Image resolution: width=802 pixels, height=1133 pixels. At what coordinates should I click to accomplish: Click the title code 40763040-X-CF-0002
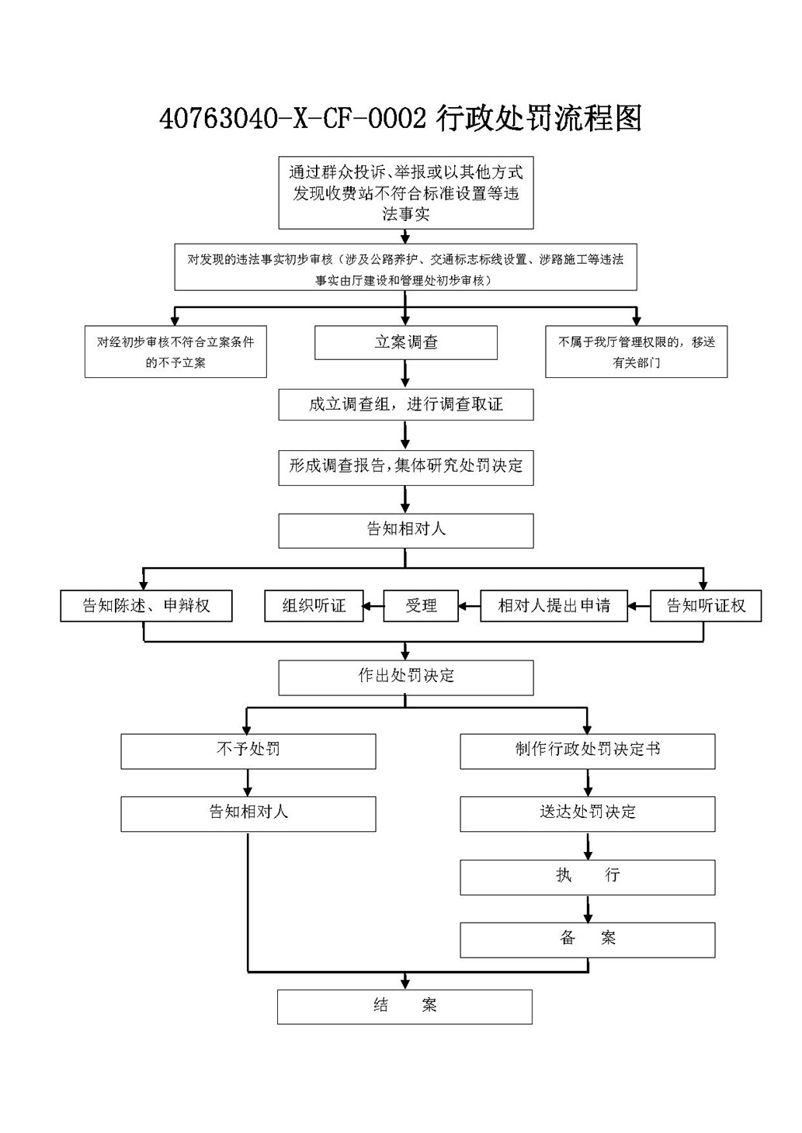[x=293, y=120]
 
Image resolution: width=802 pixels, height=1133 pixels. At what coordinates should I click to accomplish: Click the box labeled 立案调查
[x=406, y=342]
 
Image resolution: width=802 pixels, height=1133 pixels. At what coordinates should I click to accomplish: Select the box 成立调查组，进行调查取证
[x=406, y=404]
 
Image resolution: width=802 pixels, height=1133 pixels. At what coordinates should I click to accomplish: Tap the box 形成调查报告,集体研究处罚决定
[x=406, y=467]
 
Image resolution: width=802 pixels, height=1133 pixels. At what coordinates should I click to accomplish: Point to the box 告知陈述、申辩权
[x=146, y=605]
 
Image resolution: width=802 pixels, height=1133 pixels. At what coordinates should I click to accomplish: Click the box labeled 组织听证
[x=314, y=605]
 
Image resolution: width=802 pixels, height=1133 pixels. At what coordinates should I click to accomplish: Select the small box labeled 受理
[x=421, y=605]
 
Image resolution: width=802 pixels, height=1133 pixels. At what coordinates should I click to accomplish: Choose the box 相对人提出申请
[x=554, y=605]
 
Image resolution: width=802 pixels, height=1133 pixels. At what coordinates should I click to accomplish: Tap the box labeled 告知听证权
[x=706, y=605]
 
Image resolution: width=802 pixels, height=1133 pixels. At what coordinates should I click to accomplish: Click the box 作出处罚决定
[x=406, y=677]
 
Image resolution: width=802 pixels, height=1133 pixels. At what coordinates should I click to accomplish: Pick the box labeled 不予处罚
[x=248, y=751]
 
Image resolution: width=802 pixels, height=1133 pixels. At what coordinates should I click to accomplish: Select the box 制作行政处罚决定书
[x=588, y=751]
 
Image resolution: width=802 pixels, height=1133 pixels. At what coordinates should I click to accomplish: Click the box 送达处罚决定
[x=588, y=814]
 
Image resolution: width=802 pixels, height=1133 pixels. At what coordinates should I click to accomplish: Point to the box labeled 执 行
[x=588, y=877]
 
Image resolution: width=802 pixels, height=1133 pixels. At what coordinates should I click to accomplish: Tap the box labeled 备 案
[x=588, y=940]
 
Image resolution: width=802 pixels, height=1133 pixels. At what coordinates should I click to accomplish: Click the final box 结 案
[x=404, y=1007]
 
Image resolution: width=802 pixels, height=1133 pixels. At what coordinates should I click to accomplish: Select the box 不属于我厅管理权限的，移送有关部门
[x=637, y=352]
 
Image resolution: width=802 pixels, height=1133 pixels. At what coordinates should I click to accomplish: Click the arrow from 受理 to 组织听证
[x=373, y=605]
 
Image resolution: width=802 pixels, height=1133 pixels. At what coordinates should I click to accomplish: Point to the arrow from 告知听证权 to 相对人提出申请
[x=639, y=605]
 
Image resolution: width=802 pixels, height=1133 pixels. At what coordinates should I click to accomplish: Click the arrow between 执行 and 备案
[x=588, y=909]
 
